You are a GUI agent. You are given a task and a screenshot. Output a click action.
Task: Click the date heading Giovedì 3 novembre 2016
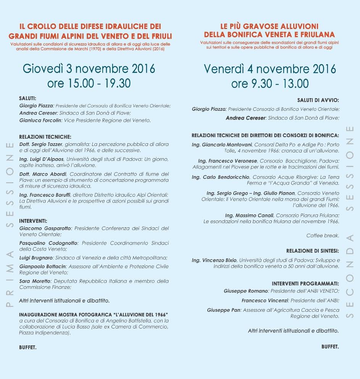[x=89, y=69]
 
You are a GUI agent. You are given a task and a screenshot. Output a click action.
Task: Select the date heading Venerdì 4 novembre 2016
[x=270, y=69]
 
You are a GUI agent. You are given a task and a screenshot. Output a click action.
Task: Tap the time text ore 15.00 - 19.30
[x=89, y=83]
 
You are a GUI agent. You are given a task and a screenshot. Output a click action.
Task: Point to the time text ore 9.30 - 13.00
[x=270, y=83]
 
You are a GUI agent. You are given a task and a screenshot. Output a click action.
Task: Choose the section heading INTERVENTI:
[x=33, y=221]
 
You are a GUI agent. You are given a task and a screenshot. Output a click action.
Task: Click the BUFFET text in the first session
[x=28, y=348]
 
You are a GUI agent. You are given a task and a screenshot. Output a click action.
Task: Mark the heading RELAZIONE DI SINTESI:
[x=312, y=251]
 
